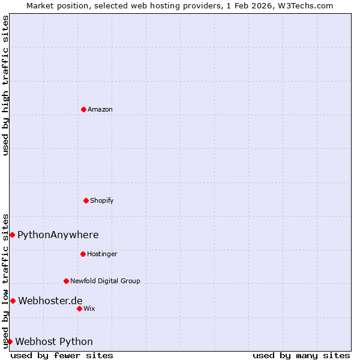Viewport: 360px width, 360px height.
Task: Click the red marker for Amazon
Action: pyautogui.click(x=83, y=109)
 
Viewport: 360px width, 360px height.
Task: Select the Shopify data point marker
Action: pyautogui.click(x=86, y=200)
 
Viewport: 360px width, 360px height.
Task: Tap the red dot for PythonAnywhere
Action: pyautogui.click(x=12, y=235)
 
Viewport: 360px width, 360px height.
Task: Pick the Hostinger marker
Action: pyautogui.click(x=83, y=254)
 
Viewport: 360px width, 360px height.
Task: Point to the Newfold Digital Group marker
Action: pyautogui.click(x=66, y=281)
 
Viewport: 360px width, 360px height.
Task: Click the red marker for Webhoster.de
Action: pyautogui.click(x=13, y=301)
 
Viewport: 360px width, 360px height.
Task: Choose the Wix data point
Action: pyautogui.click(x=79, y=308)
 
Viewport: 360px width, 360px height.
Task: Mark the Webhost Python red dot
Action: pyautogui.click(x=10, y=341)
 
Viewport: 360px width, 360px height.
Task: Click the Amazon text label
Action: pyautogui.click(x=100, y=109)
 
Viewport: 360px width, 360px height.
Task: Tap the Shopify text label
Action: pyautogui.click(x=102, y=200)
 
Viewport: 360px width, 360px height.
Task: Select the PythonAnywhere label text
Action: pyautogui.click(x=58, y=235)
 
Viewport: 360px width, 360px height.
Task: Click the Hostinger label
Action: pyautogui.click(x=102, y=254)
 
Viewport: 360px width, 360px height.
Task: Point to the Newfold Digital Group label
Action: pyautogui.click(x=105, y=281)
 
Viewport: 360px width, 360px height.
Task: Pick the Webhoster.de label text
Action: pyautogui.click(x=50, y=301)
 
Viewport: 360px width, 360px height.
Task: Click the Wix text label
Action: pyautogui.click(x=89, y=308)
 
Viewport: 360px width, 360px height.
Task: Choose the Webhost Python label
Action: pyautogui.click(x=54, y=341)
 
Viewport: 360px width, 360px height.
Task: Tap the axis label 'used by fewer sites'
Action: pyautogui.click(x=62, y=355)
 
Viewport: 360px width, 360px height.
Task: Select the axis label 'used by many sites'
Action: pyautogui.click(x=301, y=355)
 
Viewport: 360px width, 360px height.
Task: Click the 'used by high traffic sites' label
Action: pyautogui.click(x=5, y=85)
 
